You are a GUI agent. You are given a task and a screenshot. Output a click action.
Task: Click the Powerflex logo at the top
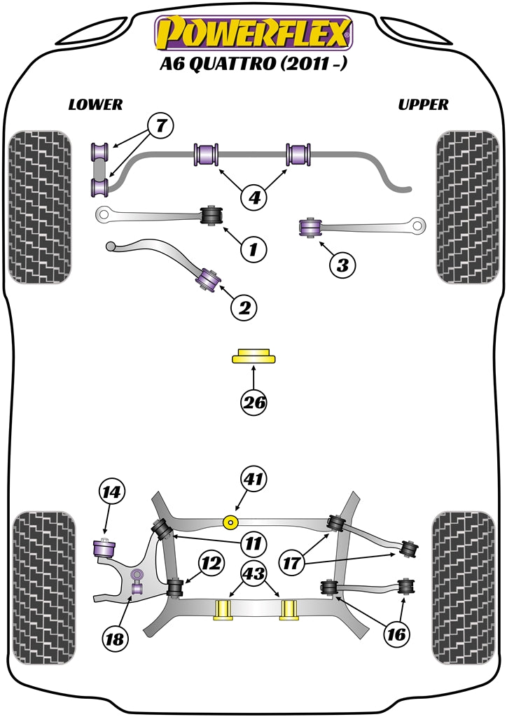click(x=253, y=33)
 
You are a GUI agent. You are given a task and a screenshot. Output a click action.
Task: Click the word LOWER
click(x=95, y=104)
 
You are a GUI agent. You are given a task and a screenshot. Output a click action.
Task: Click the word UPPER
click(x=423, y=104)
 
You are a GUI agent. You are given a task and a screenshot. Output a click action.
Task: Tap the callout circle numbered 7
click(x=160, y=127)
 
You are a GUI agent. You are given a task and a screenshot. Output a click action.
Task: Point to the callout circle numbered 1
click(x=254, y=248)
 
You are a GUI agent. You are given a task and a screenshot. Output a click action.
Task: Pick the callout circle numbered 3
click(x=342, y=265)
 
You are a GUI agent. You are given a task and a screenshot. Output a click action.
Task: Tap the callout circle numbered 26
click(x=254, y=402)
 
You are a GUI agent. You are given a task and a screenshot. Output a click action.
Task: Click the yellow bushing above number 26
click(x=254, y=356)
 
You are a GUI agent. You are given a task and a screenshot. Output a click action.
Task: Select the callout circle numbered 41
click(x=254, y=480)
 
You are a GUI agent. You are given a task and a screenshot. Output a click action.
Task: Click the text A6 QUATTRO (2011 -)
click(x=253, y=67)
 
